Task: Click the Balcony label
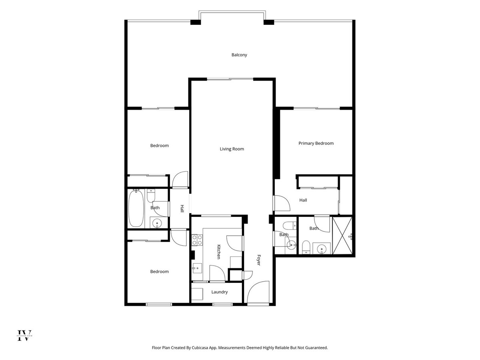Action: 239,55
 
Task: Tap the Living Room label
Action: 232,149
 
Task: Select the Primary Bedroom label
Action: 316,143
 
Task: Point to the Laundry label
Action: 219,292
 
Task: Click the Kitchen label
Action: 218,252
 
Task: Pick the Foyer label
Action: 259,260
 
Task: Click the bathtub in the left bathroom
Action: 136,209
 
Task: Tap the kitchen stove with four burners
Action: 197,240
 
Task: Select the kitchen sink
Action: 197,268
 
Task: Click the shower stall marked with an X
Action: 342,236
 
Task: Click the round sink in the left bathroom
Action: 157,223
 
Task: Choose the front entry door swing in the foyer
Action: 258,292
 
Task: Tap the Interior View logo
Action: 24,335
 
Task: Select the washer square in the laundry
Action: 197,294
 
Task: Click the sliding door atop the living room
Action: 230,79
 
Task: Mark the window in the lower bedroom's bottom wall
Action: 159,304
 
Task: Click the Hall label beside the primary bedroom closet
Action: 303,200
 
